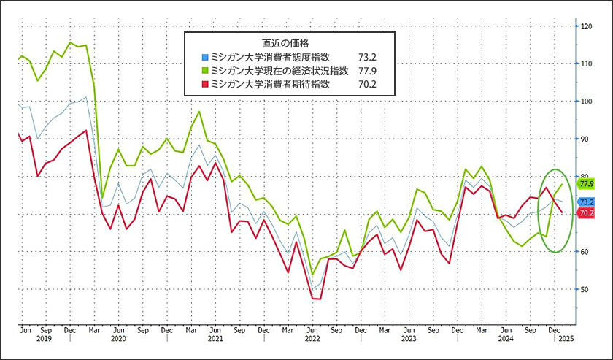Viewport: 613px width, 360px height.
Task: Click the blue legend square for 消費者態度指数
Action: (205, 55)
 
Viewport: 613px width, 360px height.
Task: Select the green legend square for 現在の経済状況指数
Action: (205, 70)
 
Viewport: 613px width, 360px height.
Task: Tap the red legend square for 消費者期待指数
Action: (205, 84)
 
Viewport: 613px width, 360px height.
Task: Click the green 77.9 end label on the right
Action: (585, 185)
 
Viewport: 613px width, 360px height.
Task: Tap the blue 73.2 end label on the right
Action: (585, 202)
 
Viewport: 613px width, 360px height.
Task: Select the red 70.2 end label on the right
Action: (585, 213)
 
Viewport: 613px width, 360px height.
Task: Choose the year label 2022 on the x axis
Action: (313, 339)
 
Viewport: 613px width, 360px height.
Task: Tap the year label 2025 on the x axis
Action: (566, 339)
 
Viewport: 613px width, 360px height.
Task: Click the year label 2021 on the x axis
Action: (215, 339)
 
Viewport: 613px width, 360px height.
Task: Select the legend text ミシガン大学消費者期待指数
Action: (270, 84)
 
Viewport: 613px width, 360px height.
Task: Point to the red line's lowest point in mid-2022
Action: (315, 298)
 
